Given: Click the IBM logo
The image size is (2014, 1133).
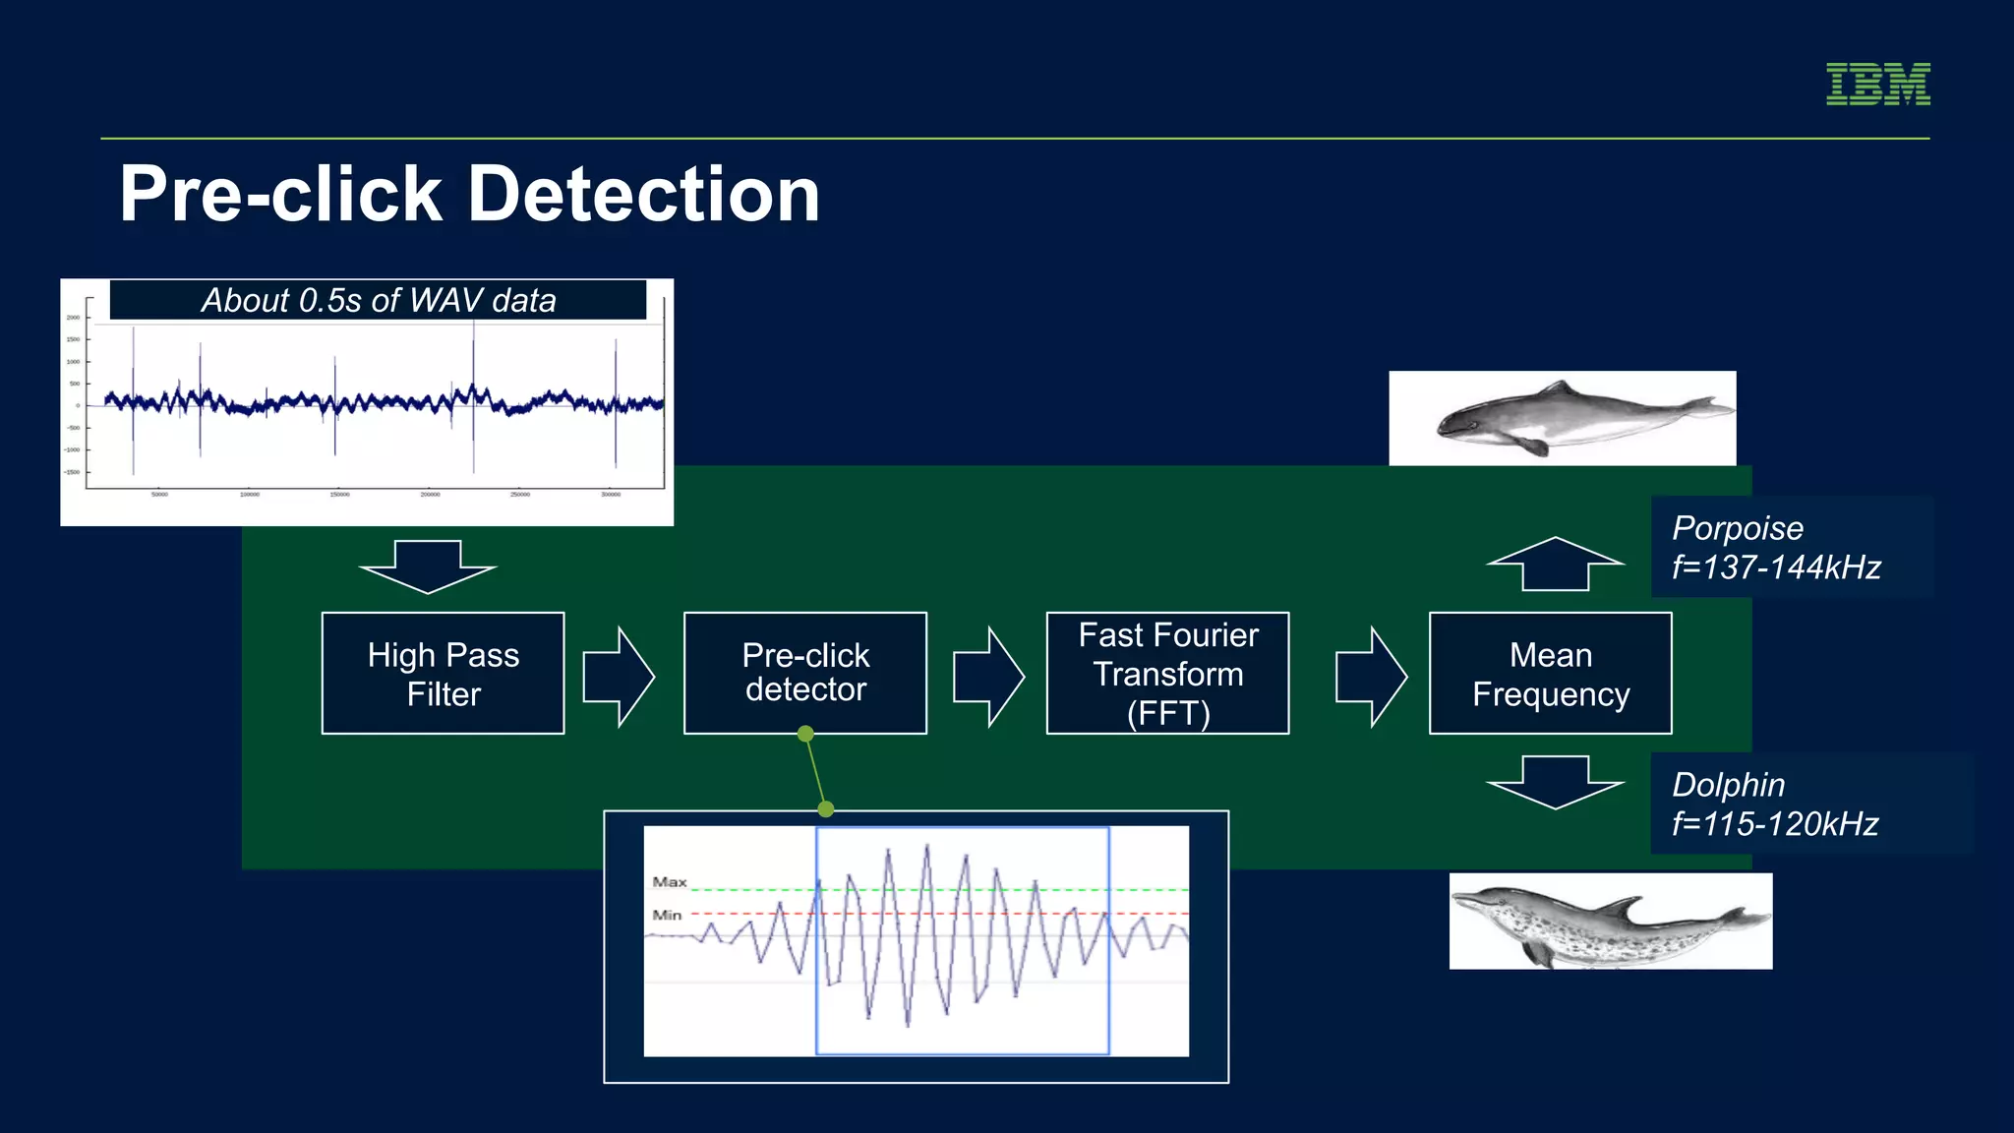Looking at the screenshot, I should (x=1877, y=85).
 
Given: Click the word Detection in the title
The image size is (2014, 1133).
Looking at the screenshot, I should (x=643, y=195).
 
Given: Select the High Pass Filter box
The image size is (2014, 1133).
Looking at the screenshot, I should (x=443, y=674).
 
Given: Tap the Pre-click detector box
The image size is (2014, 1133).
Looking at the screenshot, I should (x=804, y=674).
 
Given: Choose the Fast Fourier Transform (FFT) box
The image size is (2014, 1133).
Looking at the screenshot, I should (x=1167, y=674).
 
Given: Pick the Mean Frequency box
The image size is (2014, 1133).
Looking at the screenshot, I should (x=1550, y=674).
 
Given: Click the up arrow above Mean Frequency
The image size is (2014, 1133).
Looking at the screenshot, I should (x=1555, y=565).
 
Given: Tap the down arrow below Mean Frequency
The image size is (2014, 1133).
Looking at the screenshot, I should (x=1555, y=782).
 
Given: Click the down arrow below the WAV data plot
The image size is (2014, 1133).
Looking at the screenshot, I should (x=428, y=566).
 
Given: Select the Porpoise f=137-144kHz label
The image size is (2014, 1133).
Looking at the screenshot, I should (x=1776, y=548).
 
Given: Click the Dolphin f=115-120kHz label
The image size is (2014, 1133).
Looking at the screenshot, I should (x=1775, y=804).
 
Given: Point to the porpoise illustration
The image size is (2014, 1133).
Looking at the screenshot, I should (x=1562, y=418).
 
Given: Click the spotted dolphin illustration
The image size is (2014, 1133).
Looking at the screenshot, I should (x=1610, y=922).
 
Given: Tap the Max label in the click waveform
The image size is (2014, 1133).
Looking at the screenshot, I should (x=670, y=882).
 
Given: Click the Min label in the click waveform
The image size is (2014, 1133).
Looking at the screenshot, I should (x=667, y=915).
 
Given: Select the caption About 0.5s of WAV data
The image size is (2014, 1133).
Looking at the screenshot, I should (x=379, y=300).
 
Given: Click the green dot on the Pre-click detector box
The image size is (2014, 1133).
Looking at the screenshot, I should (x=805, y=734).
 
